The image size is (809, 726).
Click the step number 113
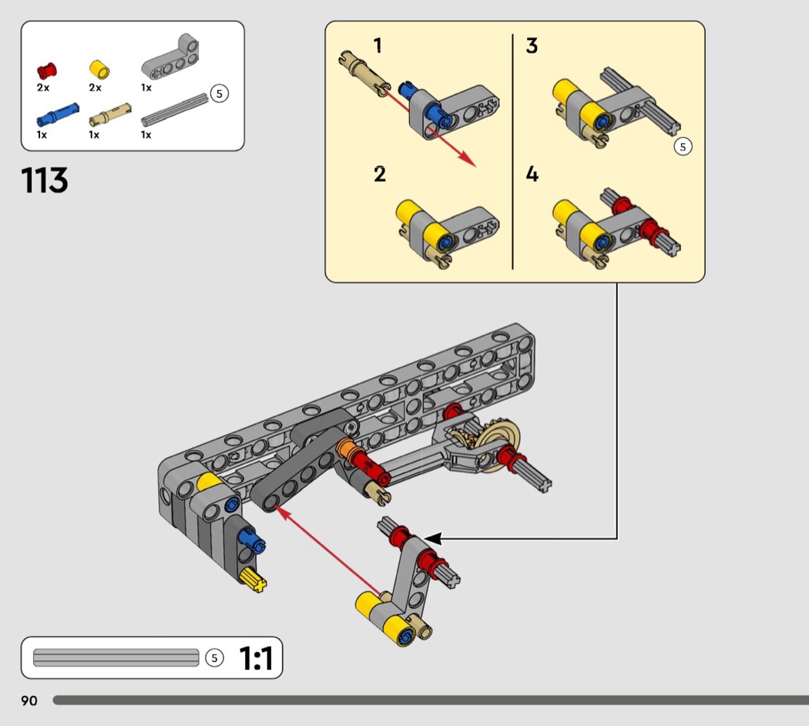click(45, 181)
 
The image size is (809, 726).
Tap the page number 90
click(29, 701)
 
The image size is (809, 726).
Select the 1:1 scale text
click(256, 658)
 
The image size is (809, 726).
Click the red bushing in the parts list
click(47, 72)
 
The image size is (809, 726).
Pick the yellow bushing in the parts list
click(99, 70)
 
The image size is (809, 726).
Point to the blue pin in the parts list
click(57, 116)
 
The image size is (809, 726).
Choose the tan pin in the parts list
click(110, 116)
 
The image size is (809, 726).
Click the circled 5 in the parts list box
click(220, 94)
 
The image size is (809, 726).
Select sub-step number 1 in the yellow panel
click(378, 46)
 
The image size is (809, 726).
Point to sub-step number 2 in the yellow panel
click(379, 174)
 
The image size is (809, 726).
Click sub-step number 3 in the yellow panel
click(532, 46)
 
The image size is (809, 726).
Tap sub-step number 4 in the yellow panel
click(532, 174)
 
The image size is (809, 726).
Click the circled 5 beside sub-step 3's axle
click(682, 146)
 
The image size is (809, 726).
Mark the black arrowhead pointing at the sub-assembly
click(434, 539)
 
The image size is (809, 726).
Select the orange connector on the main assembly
click(346, 449)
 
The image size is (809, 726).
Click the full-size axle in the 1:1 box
click(116, 657)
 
